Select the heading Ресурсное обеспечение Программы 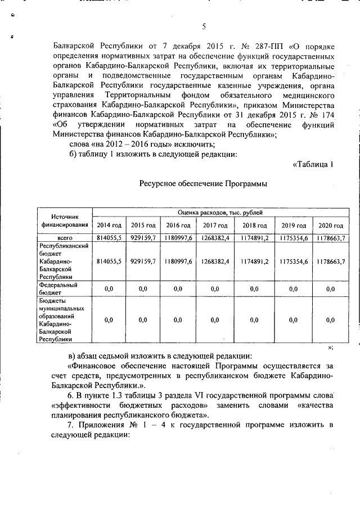click(x=202, y=183)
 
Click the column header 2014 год click(x=109, y=225)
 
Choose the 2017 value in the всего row click(x=214, y=238)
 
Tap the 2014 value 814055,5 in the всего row click(x=109, y=238)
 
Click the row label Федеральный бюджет click(x=58, y=289)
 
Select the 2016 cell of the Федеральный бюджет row click(x=178, y=289)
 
